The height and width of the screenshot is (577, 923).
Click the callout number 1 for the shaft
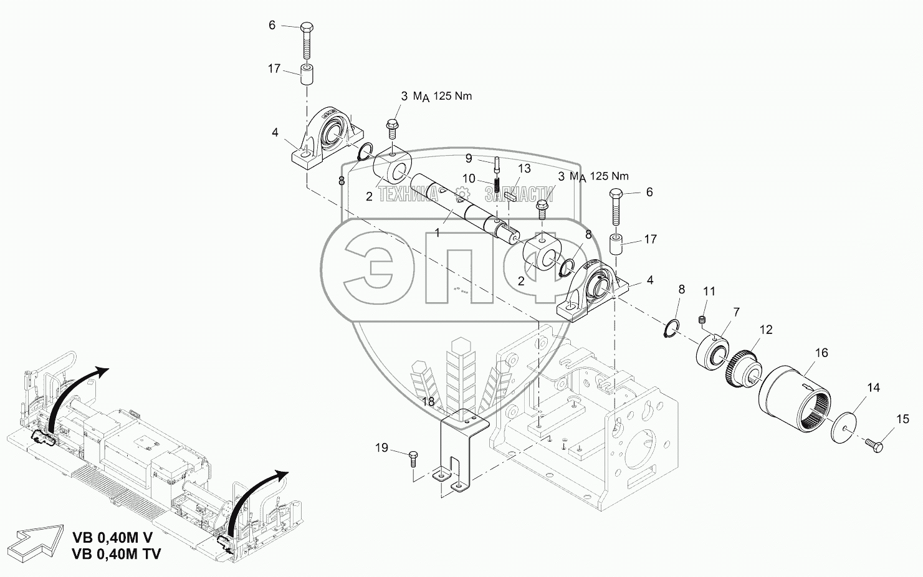coord(437,232)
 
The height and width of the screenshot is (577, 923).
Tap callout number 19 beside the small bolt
coord(381,447)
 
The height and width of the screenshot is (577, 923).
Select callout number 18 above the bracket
coord(428,402)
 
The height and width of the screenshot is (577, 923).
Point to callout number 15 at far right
coord(902,420)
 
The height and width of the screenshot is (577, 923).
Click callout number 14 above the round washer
coord(873,388)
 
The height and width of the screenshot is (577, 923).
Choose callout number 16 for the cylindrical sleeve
coord(821,353)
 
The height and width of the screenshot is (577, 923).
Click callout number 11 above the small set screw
coord(710,291)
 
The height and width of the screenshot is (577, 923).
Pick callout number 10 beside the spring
coord(469,179)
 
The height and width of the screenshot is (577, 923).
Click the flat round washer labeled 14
coord(846,427)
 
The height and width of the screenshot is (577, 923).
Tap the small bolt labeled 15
coord(873,444)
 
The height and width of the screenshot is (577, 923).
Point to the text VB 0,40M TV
coord(117,553)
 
